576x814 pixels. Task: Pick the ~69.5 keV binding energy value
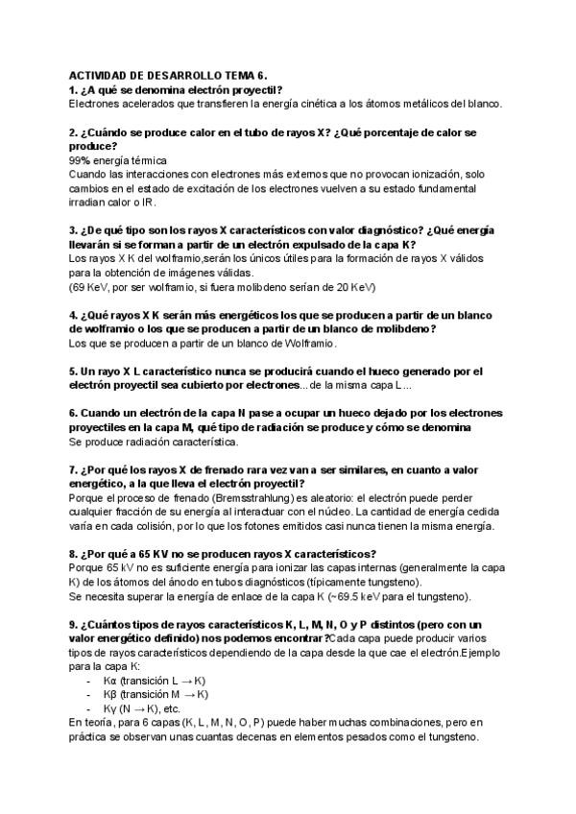tap(364, 597)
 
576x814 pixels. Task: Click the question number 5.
tap(73, 371)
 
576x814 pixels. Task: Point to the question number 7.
tap(73, 471)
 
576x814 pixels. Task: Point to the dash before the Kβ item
tap(88, 694)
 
